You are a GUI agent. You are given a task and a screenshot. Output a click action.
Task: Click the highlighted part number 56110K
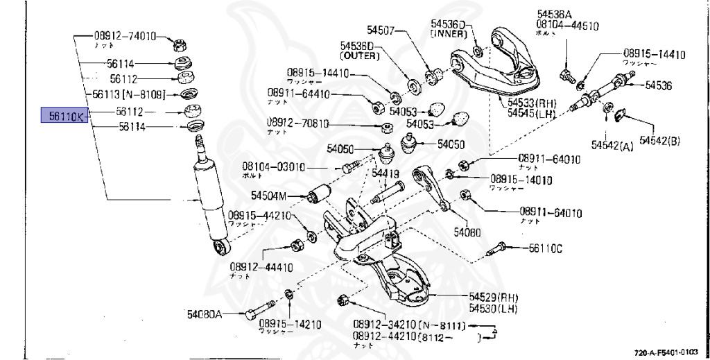click(62, 116)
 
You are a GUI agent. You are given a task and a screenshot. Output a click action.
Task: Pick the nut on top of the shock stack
click(178, 45)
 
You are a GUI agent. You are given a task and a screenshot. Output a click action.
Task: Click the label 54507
click(381, 30)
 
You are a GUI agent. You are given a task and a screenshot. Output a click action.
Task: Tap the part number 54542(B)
click(659, 141)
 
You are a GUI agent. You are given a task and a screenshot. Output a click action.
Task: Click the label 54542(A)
click(612, 146)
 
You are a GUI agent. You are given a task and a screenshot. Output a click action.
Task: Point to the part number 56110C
click(547, 247)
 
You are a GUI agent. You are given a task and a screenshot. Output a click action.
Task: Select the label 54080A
click(204, 314)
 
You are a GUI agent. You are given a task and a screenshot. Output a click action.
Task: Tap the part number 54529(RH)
click(493, 297)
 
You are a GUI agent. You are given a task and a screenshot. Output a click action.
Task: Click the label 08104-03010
click(273, 167)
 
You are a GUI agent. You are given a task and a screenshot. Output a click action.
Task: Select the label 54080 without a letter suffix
click(467, 232)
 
